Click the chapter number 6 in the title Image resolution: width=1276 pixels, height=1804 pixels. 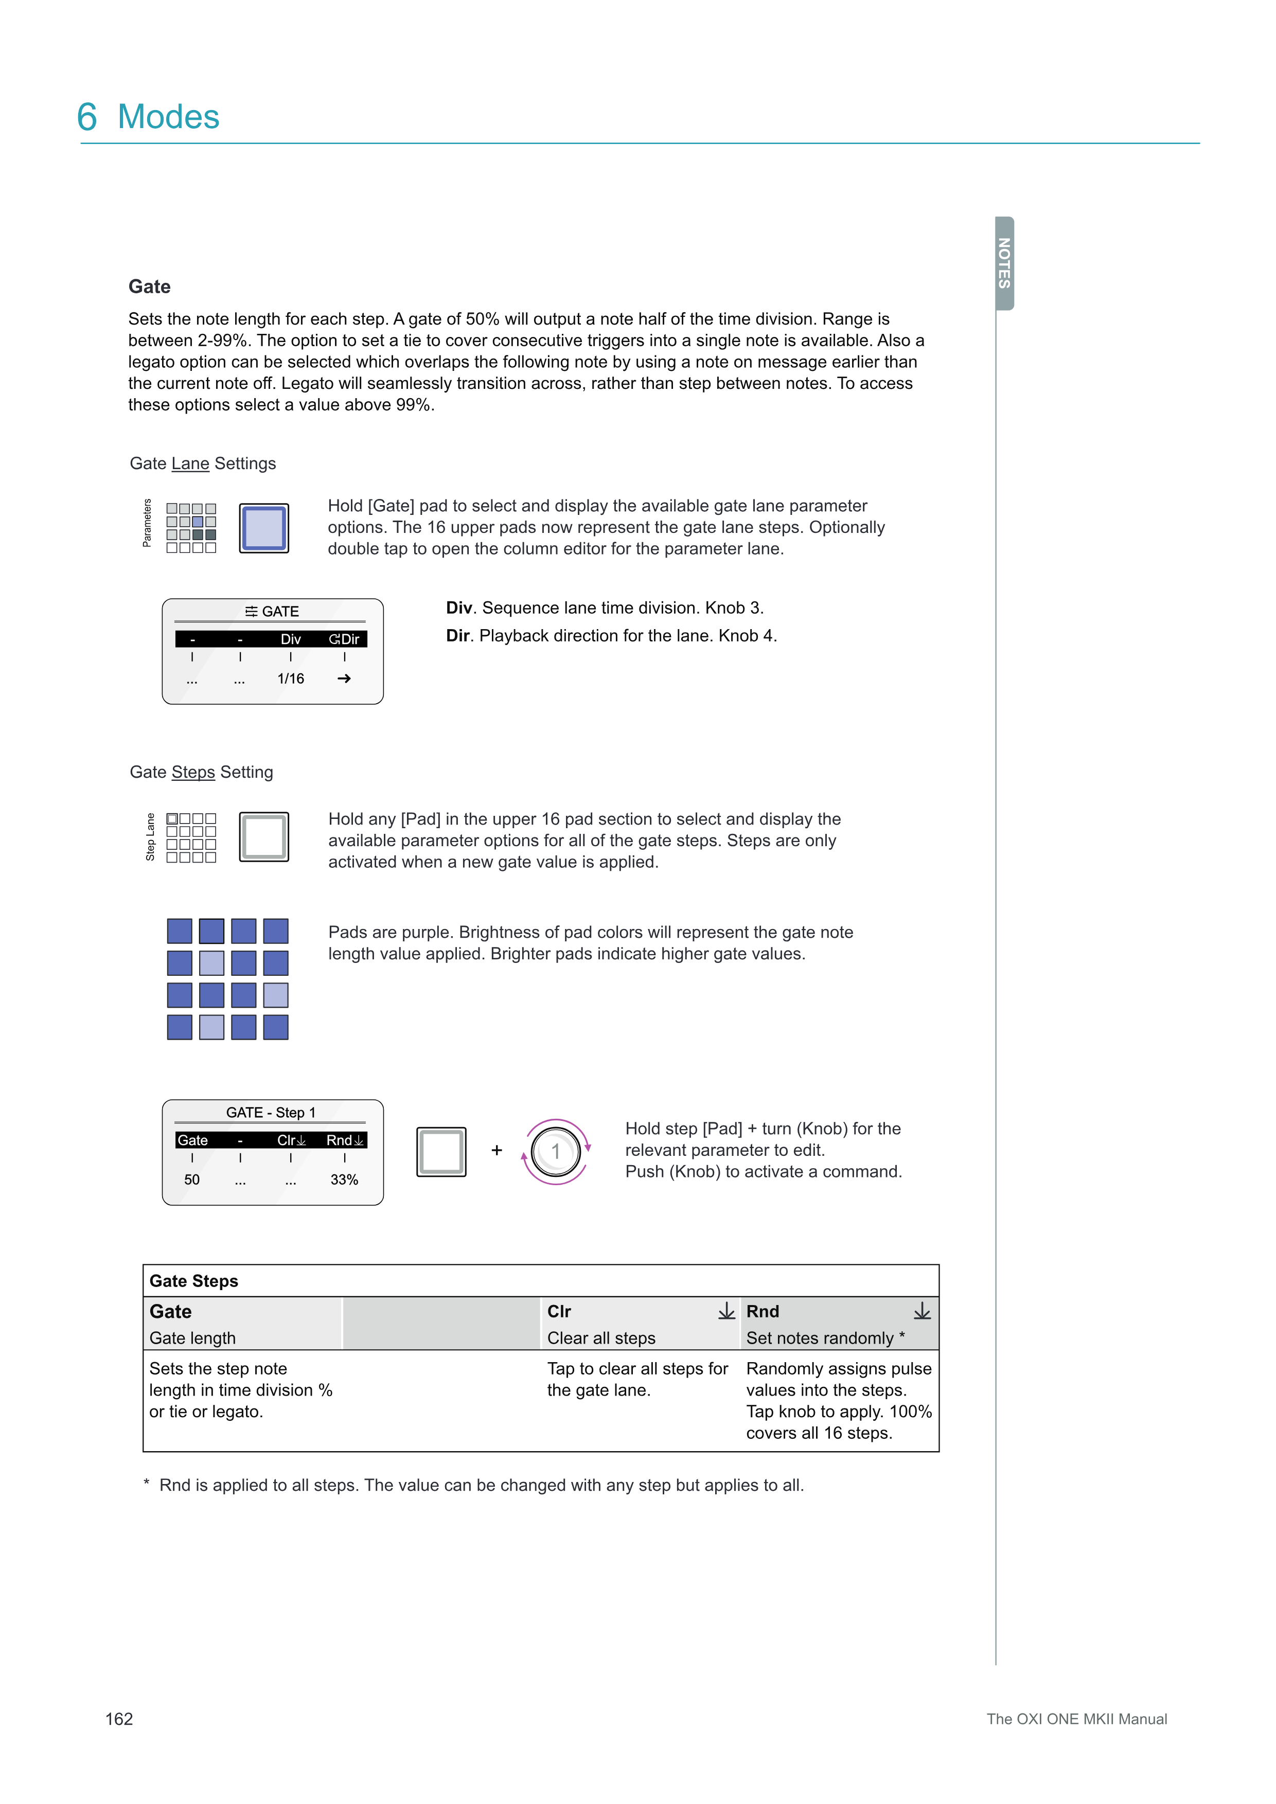pyautogui.click(x=87, y=117)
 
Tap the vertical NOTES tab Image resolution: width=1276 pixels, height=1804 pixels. pyautogui.click(x=1004, y=263)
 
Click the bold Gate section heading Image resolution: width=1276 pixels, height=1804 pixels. pyautogui.click(x=149, y=287)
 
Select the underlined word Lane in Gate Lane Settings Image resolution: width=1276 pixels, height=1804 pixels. pyautogui.click(x=190, y=463)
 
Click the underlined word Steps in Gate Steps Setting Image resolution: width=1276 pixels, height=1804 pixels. pyautogui.click(x=193, y=772)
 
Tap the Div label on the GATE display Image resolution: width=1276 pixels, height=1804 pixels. pyautogui.click(x=291, y=639)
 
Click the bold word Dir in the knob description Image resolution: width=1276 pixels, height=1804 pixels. pyautogui.click(x=457, y=636)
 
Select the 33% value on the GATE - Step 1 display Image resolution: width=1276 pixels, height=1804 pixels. pyautogui.click(x=344, y=1180)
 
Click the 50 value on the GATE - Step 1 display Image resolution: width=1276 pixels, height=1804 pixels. pyautogui.click(x=192, y=1180)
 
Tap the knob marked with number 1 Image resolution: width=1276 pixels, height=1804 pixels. pyautogui.click(x=556, y=1152)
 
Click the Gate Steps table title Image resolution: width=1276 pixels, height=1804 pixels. pyautogui.click(x=194, y=1281)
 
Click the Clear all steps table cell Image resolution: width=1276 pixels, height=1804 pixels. pyautogui.click(x=601, y=1338)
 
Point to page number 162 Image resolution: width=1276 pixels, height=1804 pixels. pyautogui.click(x=119, y=1719)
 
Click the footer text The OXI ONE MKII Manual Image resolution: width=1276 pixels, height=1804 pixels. pyautogui.click(x=1076, y=1719)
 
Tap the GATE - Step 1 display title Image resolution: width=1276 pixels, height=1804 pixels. pyautogui.click(x=271, y=1113)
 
